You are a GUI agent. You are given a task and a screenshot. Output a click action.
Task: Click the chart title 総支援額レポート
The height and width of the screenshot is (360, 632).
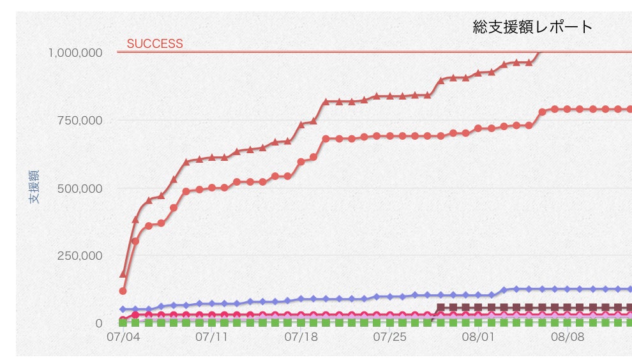(x=532, y=27)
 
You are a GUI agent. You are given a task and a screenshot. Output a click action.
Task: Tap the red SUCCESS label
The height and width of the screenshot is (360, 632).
(x=154, y=43)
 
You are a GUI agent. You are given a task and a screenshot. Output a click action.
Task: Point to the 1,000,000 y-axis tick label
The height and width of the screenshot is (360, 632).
(x=75, y=53)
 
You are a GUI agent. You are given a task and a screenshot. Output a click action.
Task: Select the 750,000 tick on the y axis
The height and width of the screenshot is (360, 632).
(x=80, y=121)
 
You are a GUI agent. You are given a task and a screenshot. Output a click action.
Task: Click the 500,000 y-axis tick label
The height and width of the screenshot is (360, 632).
(x=80, y=189)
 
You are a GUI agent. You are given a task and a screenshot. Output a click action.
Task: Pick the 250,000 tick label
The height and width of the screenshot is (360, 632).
(x=80, y=255)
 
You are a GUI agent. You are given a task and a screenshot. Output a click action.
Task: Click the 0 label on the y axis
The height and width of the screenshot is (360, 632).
(x=99, y=324)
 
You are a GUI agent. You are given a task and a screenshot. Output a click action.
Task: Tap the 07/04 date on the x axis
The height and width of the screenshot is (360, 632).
(x=123, y=337)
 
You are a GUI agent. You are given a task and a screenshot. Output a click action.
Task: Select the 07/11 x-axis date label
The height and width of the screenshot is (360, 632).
(x=211, y=337)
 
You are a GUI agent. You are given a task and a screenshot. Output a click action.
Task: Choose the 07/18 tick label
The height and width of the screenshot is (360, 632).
(x=301, y=337)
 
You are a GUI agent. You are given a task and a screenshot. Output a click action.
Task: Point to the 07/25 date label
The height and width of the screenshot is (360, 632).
(x=390, y=337)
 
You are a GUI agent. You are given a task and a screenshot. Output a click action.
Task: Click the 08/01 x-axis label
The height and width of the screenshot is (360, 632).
(x=478, y=337)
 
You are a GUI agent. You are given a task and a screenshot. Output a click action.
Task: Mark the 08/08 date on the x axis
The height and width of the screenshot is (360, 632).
(x=568, y=337)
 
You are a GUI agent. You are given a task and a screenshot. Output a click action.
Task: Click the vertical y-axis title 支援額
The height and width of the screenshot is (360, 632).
(x=34, y=186)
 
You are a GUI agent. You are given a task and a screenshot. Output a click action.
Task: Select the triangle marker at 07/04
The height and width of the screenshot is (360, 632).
(x=123, y=274)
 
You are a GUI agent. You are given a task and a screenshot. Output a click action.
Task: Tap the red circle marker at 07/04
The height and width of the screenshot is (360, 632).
(x=123, y=290)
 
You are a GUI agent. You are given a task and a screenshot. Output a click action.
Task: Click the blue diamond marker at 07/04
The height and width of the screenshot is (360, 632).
(x=123, y=309)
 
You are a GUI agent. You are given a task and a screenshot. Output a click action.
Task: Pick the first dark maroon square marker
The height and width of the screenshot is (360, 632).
(x=440, y=308)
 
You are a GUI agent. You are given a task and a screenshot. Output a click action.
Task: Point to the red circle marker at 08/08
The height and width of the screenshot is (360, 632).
(x=568, y=109)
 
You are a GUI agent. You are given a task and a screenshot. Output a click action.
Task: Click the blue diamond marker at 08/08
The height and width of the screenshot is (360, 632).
(x=568, y=289)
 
